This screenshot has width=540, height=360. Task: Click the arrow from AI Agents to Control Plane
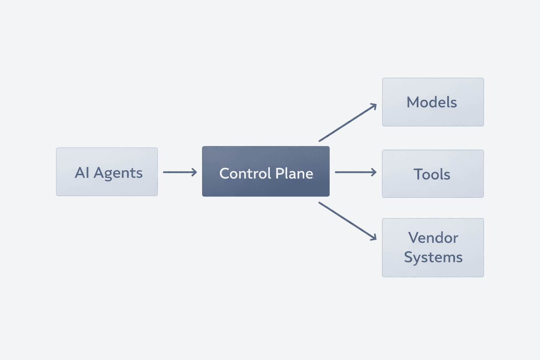[x=179, y=172]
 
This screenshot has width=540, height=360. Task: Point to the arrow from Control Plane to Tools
[x=355, y=172]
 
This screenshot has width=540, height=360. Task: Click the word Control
[x=245, y=173]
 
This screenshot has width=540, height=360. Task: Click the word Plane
[x=294, y=173]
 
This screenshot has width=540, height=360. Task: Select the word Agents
[x=118, y=173]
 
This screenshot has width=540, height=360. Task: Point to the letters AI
[x=82, y=173]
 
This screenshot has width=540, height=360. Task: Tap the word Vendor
[x=433, y=238]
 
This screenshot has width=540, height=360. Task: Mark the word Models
[x=432, y=102]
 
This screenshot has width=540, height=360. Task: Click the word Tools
[x=432, y=174]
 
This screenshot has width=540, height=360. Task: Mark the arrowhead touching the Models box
[x=374, y=106]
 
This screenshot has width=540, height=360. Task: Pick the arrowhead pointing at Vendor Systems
[x=374, y=238]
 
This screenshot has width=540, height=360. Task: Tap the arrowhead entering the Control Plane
[x=194, y=172]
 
